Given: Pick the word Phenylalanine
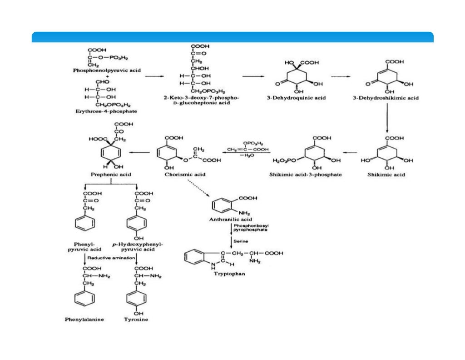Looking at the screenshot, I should click(x=84, y=319).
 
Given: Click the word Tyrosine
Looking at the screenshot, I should click(x=136, y=319).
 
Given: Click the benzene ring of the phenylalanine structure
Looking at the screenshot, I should click(x=85, y=299).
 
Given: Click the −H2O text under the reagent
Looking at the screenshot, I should click(x=248, y=155).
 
